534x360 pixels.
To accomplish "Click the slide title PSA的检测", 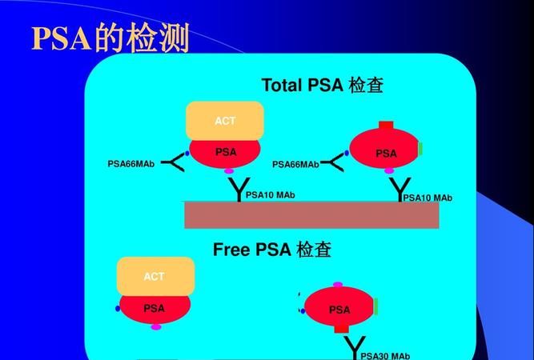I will [110, 38].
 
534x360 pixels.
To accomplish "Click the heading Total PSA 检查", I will [322, 86].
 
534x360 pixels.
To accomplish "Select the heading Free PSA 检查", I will [272, 250].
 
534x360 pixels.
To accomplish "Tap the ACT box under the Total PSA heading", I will [225, 121].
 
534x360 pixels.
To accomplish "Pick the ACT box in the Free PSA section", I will [155, 277].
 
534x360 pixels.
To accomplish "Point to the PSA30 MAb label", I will [385, 355].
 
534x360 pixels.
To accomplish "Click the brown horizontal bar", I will [311, 215].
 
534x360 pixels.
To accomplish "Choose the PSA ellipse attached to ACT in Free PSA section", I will [155, 308].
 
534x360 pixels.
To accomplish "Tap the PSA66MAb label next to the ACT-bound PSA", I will [131, 164].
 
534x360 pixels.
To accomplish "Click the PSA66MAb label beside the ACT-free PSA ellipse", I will [295, 165].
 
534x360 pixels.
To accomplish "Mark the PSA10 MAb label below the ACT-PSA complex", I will [270, 194].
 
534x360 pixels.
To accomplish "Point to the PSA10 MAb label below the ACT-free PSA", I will [428, 198].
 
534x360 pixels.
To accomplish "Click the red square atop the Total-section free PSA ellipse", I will [386, 126].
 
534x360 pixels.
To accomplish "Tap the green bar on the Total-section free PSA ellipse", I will [420, 149].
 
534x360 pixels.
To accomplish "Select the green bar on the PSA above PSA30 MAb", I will [375, 306].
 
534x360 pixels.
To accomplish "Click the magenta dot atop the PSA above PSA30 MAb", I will [338, 285].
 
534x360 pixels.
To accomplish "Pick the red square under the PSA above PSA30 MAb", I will [341, 327].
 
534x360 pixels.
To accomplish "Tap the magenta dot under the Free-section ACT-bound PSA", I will [156, 326].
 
